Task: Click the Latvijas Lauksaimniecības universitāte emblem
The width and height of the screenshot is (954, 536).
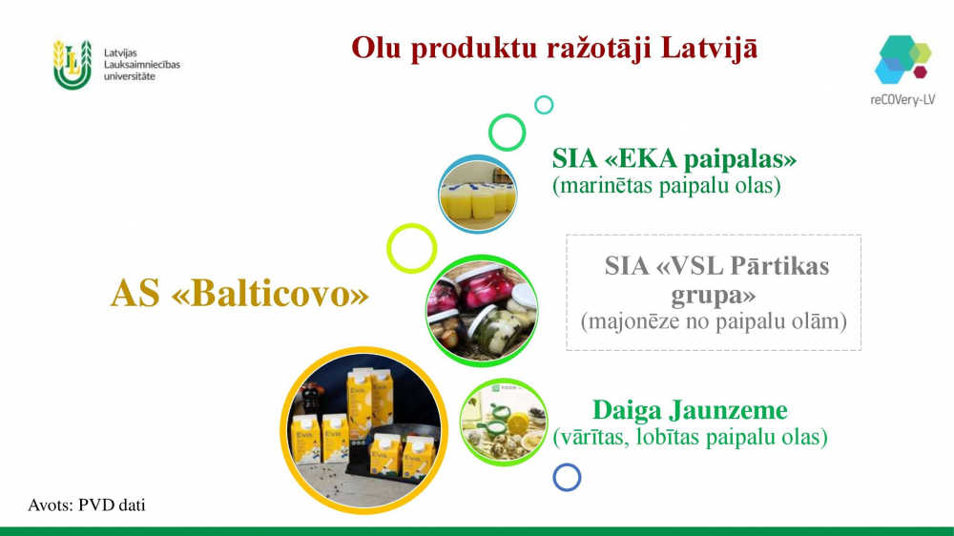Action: pos(73,65)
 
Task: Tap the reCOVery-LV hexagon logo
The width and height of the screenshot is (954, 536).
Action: pos(902,60)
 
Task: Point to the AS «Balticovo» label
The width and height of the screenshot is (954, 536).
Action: pos(239,293)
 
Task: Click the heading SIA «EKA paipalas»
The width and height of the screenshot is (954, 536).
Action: pos(674,158)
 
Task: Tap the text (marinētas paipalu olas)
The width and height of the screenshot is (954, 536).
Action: pos(666,186)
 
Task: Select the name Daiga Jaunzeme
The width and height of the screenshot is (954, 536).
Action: pos(690,410)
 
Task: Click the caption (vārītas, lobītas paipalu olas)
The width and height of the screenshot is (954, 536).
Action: pos(690,437)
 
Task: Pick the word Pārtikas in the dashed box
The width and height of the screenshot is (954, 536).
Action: pos(779,266)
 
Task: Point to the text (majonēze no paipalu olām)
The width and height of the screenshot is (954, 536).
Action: pos(714,321)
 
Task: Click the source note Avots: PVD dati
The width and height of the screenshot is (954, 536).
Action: pos(87,505)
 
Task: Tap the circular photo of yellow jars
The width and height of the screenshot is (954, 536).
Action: pos(478,194)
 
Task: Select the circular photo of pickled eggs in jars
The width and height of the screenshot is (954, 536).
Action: pos(482,311)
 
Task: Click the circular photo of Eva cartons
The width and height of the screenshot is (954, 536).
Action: pos(363,430)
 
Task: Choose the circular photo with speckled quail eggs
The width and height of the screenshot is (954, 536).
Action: pos(503,423)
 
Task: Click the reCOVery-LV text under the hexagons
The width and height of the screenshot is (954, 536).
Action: pos(902,100)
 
